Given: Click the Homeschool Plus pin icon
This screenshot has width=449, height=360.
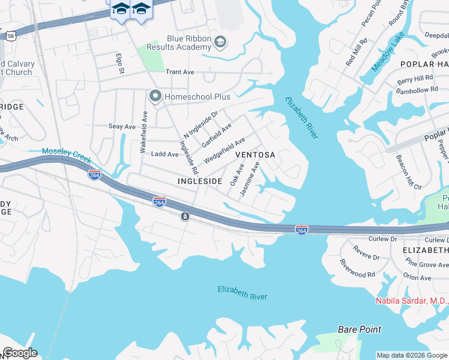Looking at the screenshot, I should click(x=155, y=96).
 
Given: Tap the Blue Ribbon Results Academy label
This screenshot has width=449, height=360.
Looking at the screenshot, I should click(x=181, y=43).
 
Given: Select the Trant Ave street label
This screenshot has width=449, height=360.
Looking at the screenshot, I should click(x=180, y=72).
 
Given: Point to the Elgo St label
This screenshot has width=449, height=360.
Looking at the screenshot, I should click(x=121, y=63).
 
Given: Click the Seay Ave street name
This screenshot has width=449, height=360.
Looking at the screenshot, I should click(x=122, y=127).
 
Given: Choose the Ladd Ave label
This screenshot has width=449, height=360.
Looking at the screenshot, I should click(x=164, y=154).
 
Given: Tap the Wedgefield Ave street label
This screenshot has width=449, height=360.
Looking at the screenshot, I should click(x=224, y=150).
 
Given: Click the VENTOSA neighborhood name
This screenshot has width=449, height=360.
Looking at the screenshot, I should click(x=255, y=155).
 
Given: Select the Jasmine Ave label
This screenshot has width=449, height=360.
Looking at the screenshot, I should click(x=250, y=178).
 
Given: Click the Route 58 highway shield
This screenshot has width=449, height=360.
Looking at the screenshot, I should click(x=11, y=36).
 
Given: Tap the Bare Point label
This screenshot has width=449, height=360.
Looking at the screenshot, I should click(x=359, y=329).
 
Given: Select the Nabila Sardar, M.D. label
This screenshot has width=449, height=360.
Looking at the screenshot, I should click(x=412, y=301).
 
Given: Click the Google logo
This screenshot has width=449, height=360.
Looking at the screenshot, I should click(x=20, y=353).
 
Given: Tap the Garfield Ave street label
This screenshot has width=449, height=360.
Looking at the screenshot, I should click(x=217, y=136).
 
